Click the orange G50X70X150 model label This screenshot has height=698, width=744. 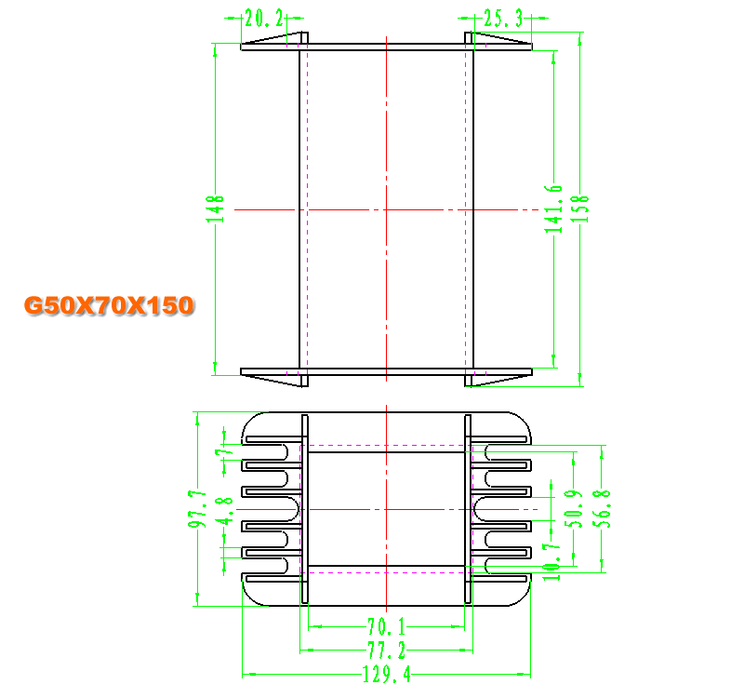pos(109,305)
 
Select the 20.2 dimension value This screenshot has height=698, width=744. pos(264,19)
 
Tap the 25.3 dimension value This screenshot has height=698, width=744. pos(503,19)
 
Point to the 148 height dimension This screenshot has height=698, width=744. pos(215,208)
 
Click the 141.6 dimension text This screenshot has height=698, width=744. pos(553,208)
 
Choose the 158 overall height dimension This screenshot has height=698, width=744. pos(579,208)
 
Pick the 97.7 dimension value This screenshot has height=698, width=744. pos(197,509)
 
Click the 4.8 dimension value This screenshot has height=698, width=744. pos(224,510)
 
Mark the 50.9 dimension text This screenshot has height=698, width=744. pos(574,508)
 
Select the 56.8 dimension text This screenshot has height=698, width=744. pos(602,508)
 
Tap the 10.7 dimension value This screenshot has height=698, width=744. pos(551,562)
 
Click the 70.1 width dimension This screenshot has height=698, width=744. pos(387,626)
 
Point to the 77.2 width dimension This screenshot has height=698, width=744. pos(387,650)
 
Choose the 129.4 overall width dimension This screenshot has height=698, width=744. pos(387,674)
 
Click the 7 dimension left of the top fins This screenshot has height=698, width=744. pos(224,451)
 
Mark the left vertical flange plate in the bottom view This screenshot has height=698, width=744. pos(305,509)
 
